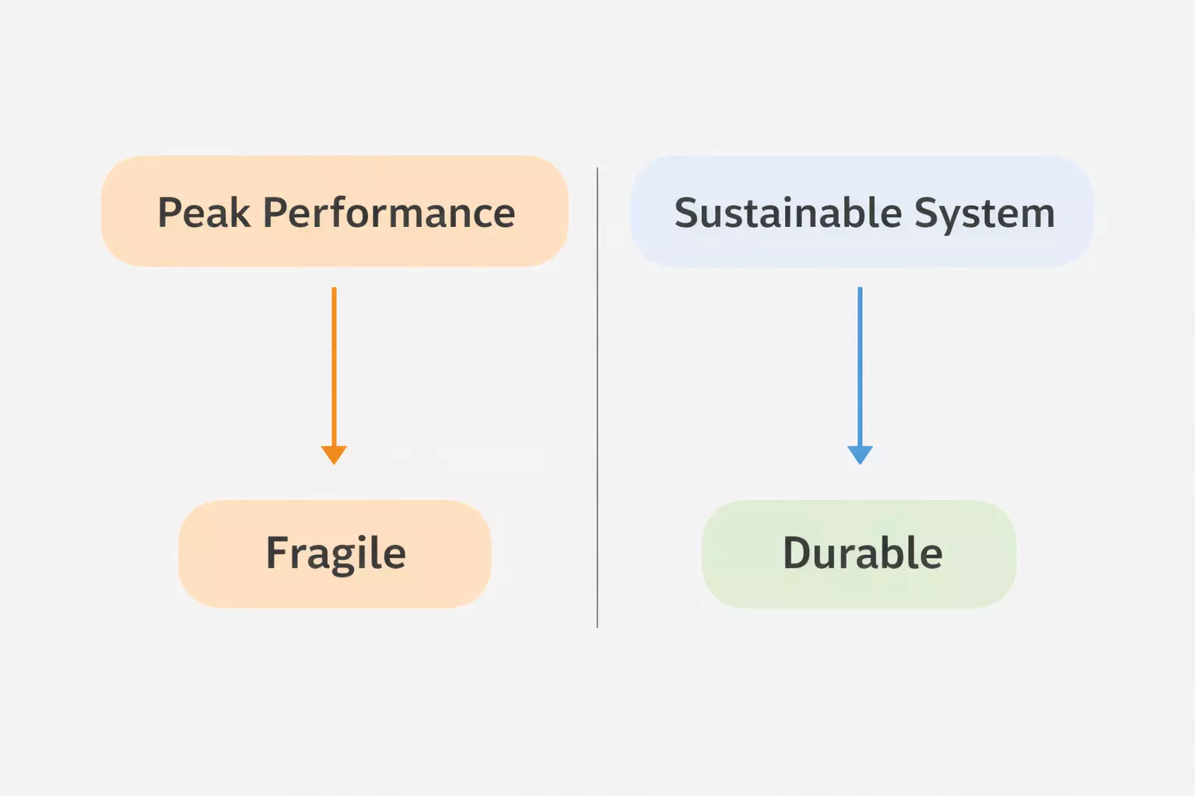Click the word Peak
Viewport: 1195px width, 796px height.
204,213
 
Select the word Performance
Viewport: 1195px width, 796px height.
389,213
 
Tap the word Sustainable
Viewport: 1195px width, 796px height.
787,213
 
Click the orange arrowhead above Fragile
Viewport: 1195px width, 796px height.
334,454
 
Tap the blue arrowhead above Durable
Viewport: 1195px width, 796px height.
860,454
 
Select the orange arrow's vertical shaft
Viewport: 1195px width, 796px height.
334,365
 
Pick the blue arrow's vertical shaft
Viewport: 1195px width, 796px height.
860,365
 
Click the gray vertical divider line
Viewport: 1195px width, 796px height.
597,396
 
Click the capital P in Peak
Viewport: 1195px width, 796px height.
169,213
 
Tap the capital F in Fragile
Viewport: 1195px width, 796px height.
277,553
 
